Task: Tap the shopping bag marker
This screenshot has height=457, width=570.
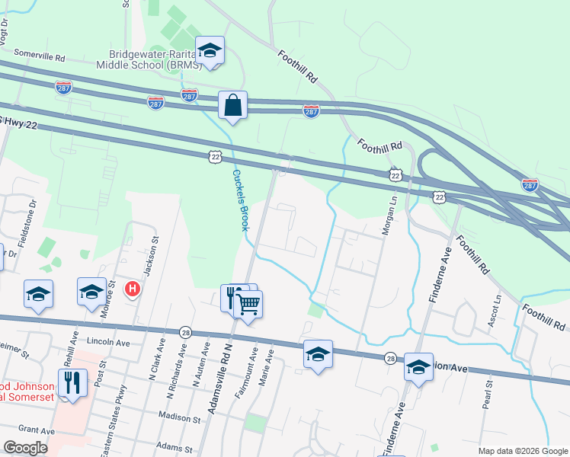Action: pyautogui.click(x=232, y=106)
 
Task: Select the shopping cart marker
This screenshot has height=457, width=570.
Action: pyautogui.click(x=248, y=305)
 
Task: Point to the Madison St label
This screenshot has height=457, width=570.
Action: pyautogui.click(x=179, y=417)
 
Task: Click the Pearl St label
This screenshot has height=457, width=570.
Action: pyautogui.click(x=485, y=395)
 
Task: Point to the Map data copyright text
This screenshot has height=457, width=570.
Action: pyautogui.click(x=521, y=451)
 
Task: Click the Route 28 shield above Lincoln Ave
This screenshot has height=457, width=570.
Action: pyautogui.click(x=185, y=332)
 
